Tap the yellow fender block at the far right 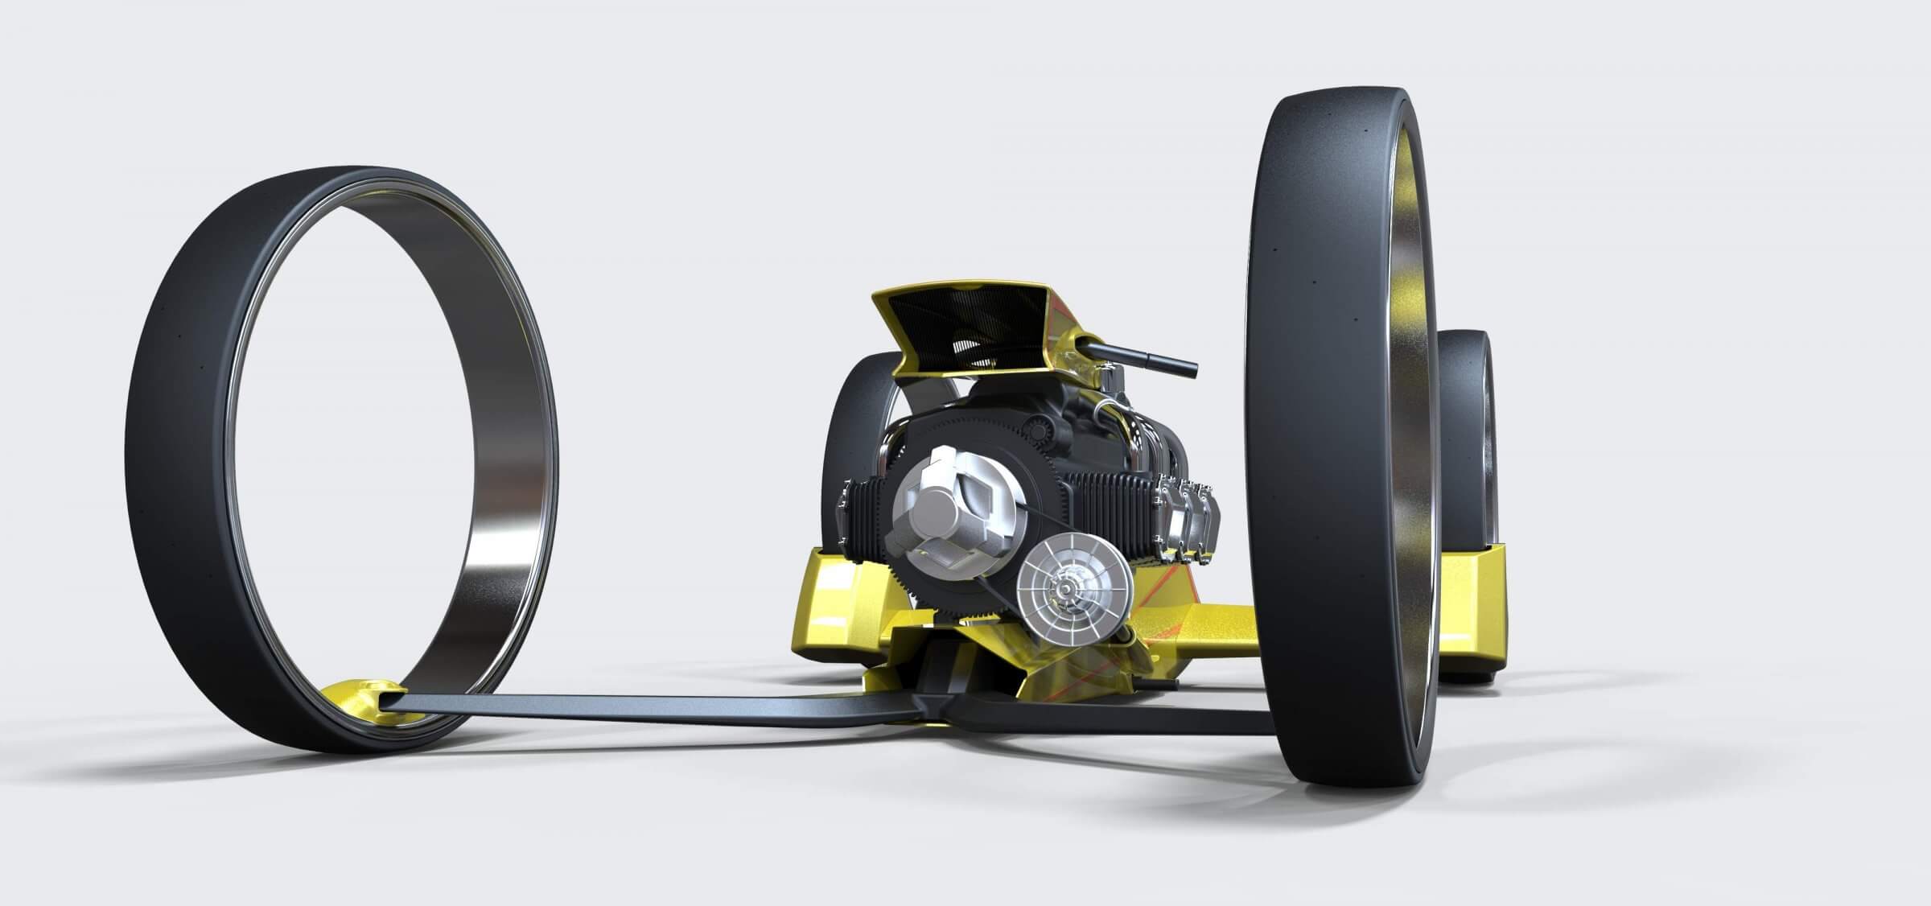[1472, 612]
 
